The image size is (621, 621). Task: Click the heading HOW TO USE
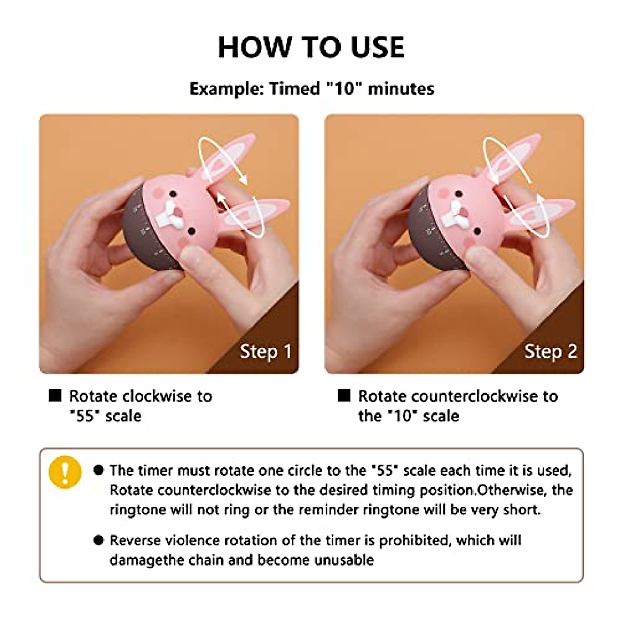(311, 47)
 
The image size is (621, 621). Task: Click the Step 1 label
(265, 352)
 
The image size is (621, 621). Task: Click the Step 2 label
(551, 352)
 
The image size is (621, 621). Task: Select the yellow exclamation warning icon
(65, 471)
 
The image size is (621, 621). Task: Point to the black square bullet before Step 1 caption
(55, 396)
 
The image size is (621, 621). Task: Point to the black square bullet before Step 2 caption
(344, 396)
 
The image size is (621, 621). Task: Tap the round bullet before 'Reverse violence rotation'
(99, 541)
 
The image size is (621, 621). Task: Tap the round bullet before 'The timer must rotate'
(99, 470)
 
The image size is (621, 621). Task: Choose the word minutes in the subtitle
(401, 89)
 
